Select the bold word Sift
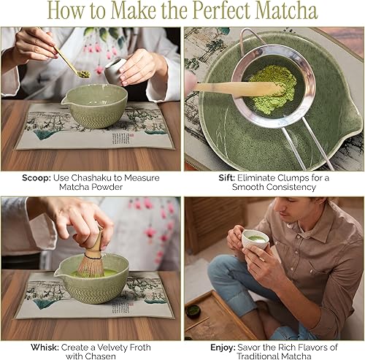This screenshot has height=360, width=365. tap(218, 177)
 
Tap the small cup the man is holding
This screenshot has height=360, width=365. tap(255, 238)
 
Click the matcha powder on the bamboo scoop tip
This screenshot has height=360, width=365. tap(83, 74)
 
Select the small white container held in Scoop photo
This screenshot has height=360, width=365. tap(114, 70)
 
